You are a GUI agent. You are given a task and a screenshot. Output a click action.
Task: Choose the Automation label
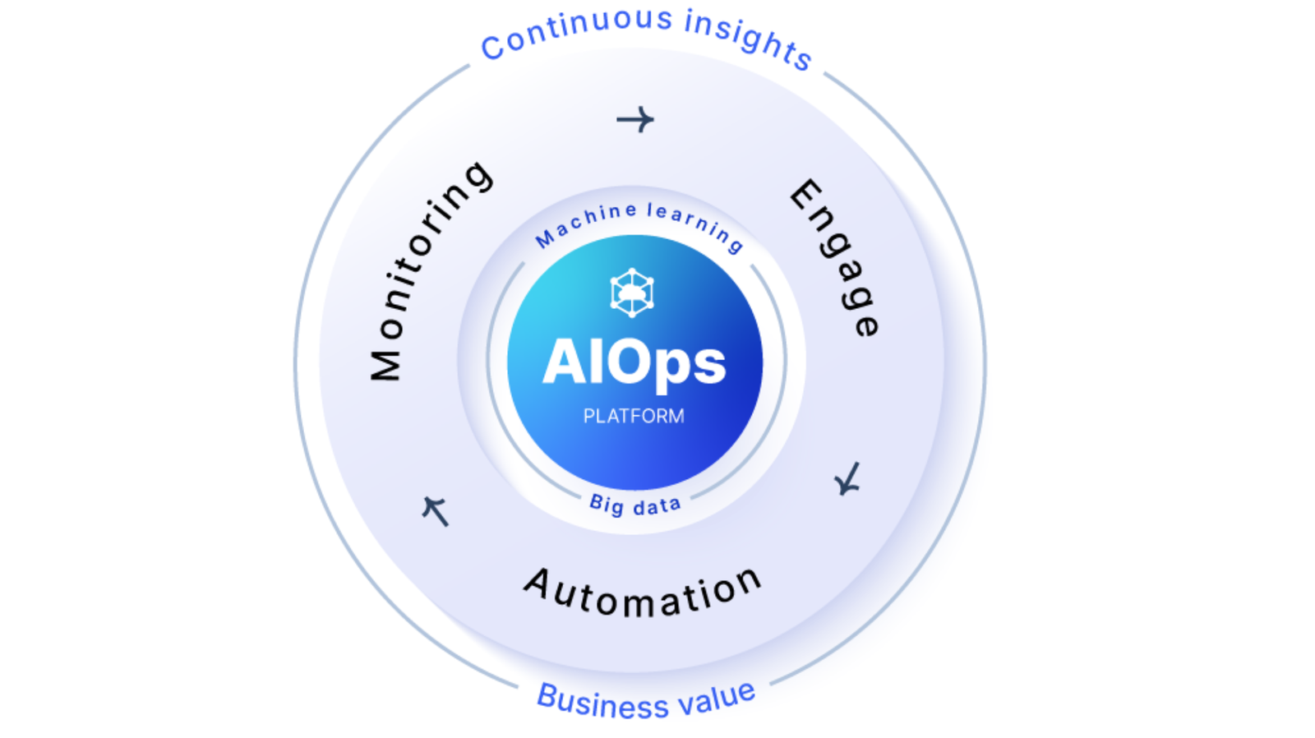(644, 593)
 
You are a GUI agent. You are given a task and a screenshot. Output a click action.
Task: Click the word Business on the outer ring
(602, 702)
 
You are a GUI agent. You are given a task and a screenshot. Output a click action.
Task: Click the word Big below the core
(607, 504)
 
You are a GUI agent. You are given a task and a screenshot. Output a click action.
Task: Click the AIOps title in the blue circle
(634, 362)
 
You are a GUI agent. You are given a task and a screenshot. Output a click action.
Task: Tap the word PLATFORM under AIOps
(634, 416)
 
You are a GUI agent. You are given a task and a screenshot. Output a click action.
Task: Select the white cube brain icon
(632, 293)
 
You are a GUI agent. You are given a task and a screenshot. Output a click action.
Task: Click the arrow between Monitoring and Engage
(635, 120)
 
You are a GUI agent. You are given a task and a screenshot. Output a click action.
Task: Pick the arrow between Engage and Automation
(847, 479)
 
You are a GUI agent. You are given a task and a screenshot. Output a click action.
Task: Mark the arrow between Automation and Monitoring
(435, 510)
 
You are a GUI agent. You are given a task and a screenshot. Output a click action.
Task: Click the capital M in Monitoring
(385, 364)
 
